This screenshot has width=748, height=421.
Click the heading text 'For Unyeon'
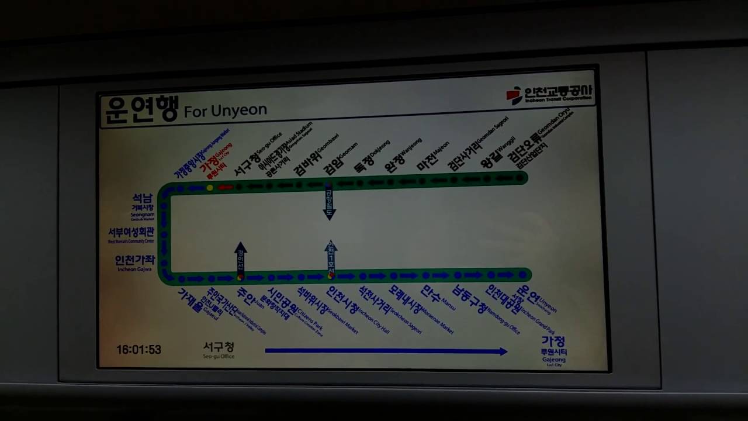226,111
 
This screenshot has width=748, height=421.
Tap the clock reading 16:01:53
138,350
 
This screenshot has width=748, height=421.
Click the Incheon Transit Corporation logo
549,95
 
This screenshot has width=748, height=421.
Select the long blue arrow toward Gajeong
386,351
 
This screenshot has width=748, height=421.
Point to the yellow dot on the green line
210,188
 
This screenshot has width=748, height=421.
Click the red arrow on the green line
226,188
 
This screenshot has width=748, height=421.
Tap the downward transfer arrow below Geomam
330,204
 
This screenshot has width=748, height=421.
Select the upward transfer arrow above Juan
241,257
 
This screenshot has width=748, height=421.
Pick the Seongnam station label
143,205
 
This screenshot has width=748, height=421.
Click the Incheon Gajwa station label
135,263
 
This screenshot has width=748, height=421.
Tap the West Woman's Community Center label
131,234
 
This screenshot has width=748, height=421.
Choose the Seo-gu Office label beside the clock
219,350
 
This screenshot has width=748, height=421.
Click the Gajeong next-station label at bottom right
553,349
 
